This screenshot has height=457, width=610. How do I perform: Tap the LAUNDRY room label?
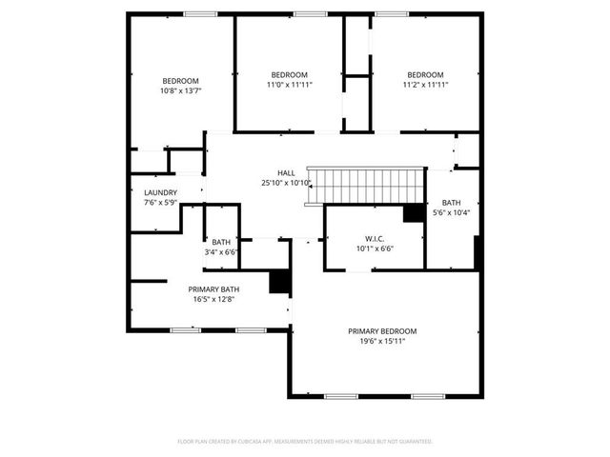coord(160,192)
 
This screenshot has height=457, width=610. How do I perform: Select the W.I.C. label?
coord(374,238)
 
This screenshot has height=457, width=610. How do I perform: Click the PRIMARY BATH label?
coord(213,288)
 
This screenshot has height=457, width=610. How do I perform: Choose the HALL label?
coord(286,172)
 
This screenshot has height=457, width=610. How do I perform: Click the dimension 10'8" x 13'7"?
coord(180,90)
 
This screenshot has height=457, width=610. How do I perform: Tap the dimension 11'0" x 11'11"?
coord(289,85)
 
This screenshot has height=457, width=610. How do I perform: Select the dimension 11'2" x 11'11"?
coord(425,85)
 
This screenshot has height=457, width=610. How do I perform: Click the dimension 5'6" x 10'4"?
coord(451,213)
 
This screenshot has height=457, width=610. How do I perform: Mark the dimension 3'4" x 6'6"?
coord(221,252)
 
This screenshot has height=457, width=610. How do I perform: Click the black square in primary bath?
coord(279,283)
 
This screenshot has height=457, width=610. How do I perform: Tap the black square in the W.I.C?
coord(413,213)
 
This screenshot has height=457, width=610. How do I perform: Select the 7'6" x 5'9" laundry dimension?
coord(160,203)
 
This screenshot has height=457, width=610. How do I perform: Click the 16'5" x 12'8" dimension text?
coord(213,299)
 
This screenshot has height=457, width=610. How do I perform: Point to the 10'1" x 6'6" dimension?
coord(374,248)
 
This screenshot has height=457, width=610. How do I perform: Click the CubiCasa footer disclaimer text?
coord(305,442)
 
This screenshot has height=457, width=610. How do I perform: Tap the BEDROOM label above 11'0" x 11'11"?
coord(289,74)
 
